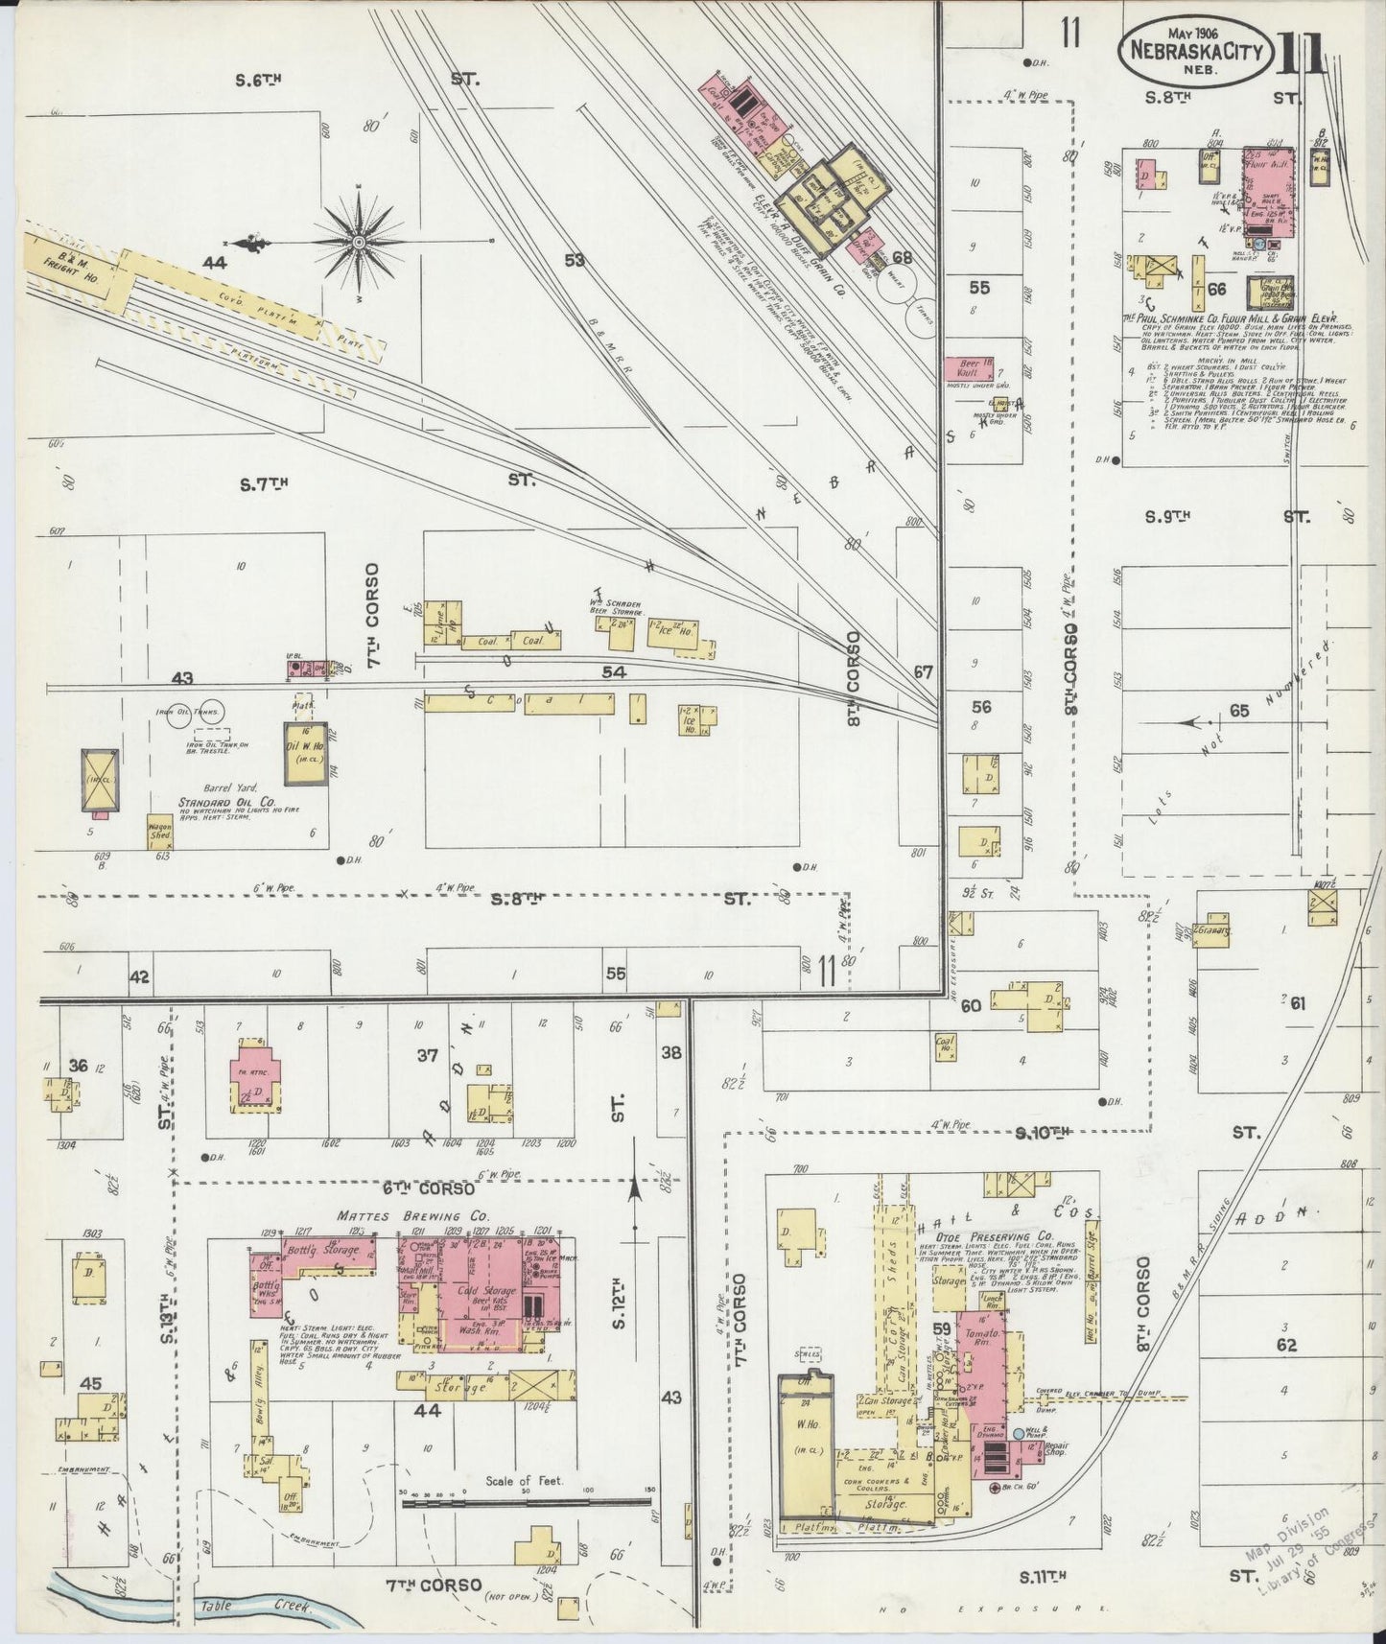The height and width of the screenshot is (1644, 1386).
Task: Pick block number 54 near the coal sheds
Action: pos(614,672)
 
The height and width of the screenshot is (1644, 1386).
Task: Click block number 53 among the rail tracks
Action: pos(575,259)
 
